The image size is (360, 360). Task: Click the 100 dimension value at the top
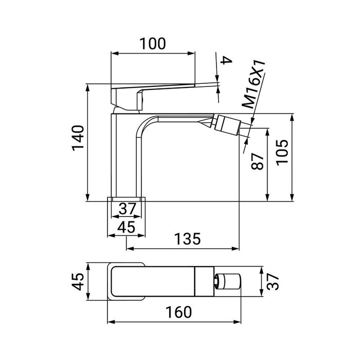(153, 44)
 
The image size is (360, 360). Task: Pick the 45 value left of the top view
(78, 281)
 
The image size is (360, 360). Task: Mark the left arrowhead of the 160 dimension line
(111, 323)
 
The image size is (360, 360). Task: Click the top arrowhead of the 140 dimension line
(88, 87)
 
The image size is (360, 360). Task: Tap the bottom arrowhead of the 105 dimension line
(292, 197)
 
